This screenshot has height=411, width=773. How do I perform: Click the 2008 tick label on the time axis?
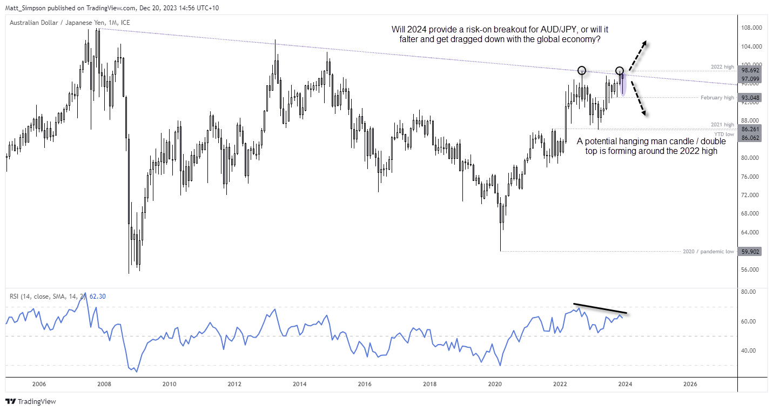[x=104, y=384]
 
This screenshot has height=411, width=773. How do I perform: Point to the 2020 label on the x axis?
[x=495, y=384]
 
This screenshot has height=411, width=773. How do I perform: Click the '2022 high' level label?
[x=723, y=67]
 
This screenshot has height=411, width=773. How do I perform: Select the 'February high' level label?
[x=717, y=98]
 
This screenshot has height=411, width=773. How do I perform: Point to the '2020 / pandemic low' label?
[x=708, y=251]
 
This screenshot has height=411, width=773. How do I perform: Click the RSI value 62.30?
[x=97, y=296]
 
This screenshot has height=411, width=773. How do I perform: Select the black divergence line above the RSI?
[x=600, y=308]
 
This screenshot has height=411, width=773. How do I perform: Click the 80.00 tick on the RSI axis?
[x=749, y=292]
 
